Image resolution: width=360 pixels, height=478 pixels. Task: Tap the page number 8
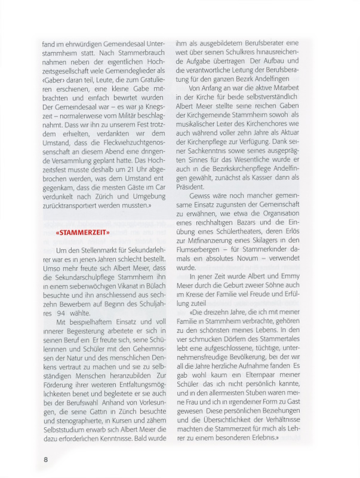[x=45, y=459]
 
